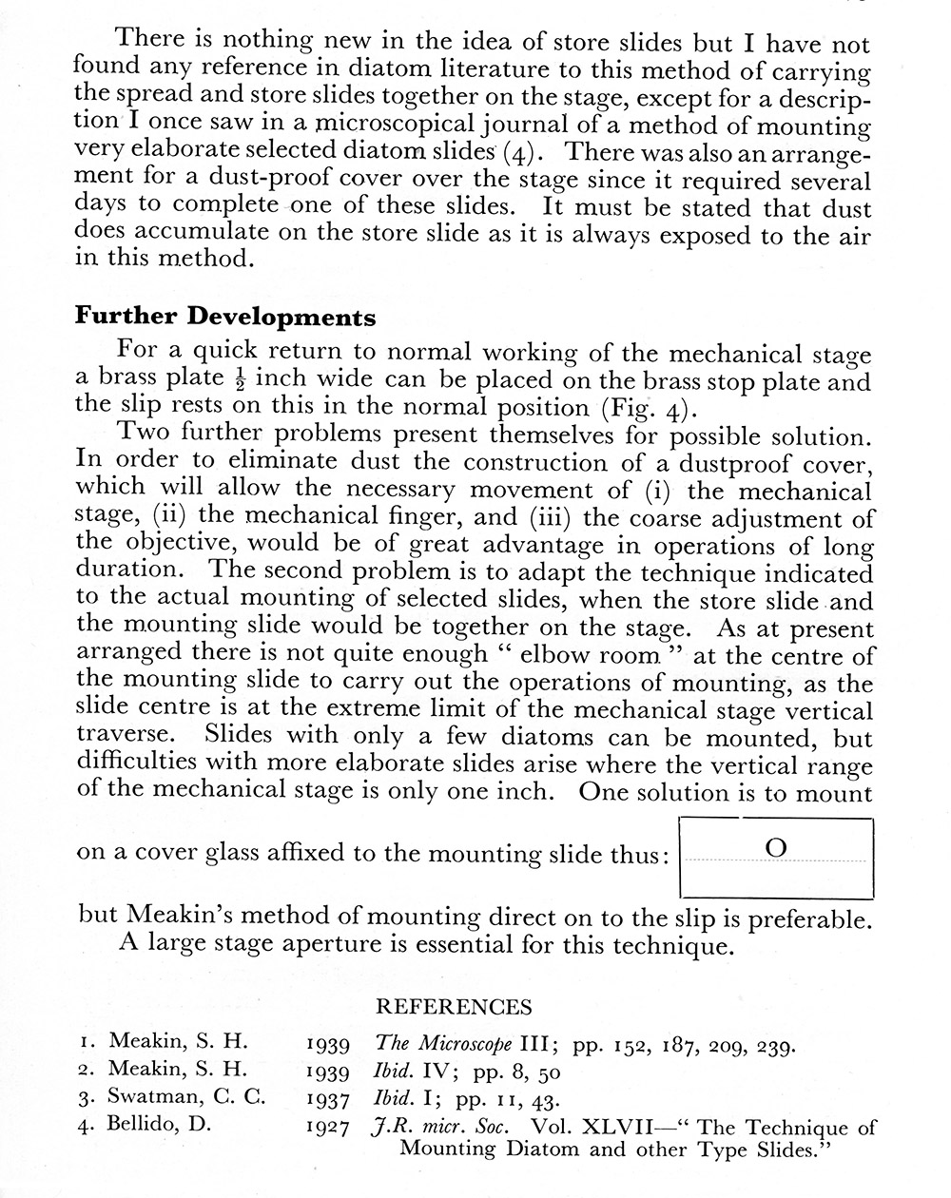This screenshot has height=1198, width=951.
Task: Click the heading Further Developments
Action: pyautogui.click(x=225, y=317)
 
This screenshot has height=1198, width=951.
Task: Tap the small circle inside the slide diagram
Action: pyautogui.click(x=776, y=848)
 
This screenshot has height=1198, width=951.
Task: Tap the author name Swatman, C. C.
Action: pyautogui.click(x=187, y=1097)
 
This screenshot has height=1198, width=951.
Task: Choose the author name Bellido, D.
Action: pyautogui.click(x=160, y=1124)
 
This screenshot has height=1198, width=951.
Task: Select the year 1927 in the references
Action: pyautogui.click(x=331, y=1129)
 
